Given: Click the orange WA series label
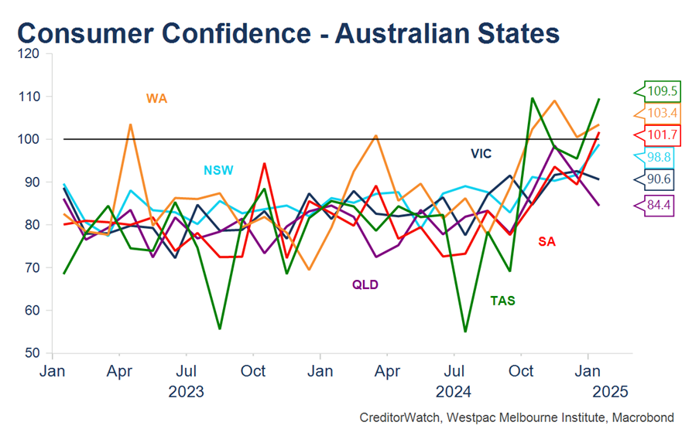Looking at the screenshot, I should point(156,98).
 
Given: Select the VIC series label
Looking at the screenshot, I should point(481,153).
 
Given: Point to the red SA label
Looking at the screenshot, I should point(547,241).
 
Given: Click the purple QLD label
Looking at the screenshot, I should point(365,284).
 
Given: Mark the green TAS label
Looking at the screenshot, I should point(503,300).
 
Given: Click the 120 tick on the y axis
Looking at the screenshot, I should point(29,54).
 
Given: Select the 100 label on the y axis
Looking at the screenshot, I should point(29,140).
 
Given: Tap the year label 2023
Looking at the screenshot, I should point(186,391).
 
